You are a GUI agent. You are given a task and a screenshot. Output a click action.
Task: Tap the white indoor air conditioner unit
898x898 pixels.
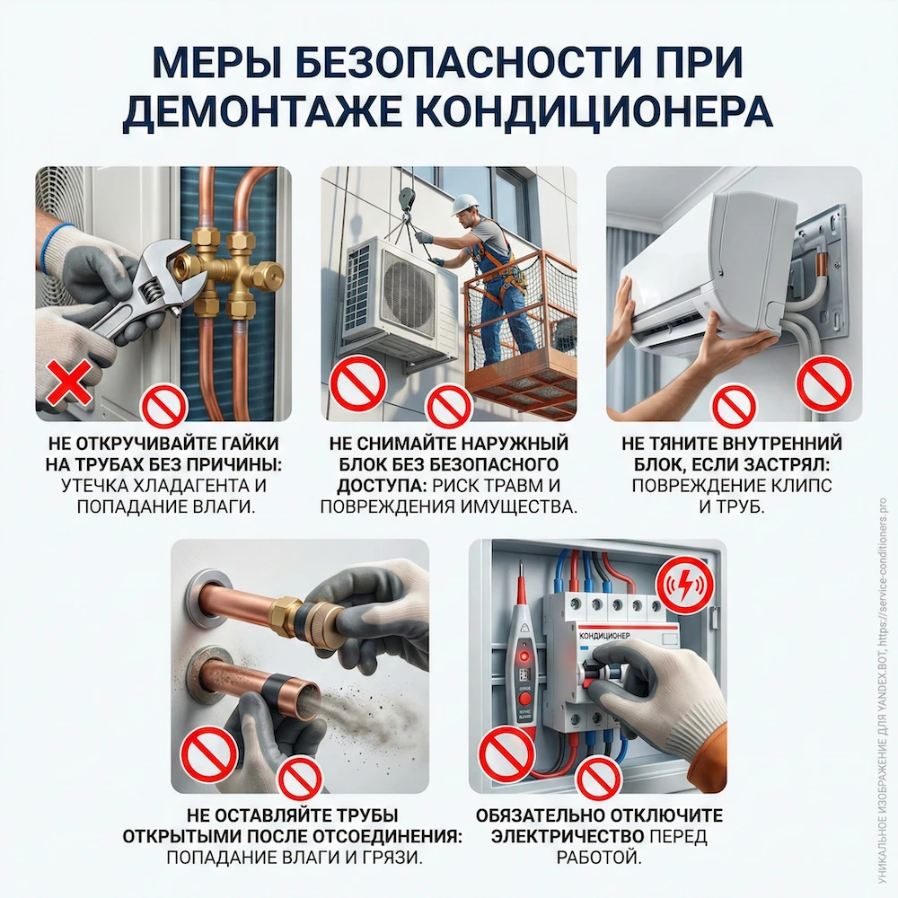pos(709,269)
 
